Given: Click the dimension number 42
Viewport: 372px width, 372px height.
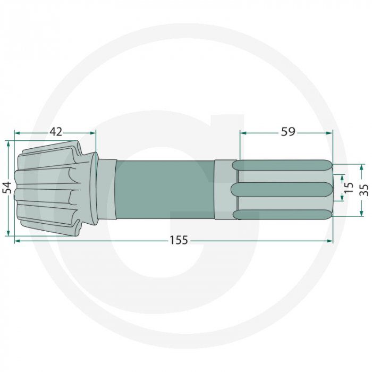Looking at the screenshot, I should pos(56,132).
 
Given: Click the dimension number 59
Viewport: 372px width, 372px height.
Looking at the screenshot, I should pos(288,132).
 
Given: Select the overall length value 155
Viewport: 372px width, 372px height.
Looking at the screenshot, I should pos(179,240).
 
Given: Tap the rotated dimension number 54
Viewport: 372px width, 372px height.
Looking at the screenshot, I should pos(7,188).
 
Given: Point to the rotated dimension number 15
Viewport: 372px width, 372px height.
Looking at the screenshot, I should pos(349,187).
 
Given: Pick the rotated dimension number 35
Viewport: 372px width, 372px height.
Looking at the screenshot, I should pos(364,190).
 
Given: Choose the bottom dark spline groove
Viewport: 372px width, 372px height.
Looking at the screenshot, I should pos(282,214).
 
